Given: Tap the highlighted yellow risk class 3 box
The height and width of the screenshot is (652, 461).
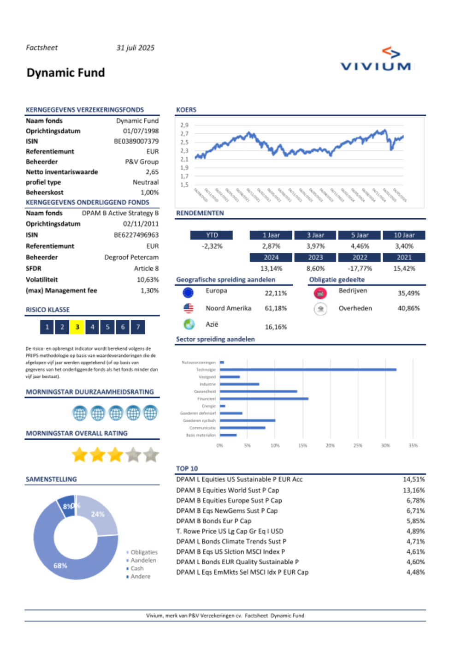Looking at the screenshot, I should pos(77,327).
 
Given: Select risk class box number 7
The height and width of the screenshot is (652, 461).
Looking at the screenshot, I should pos(138,327).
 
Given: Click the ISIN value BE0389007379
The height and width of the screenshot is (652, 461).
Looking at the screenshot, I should pos(136,141).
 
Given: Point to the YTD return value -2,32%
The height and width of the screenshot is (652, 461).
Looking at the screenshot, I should pos(212,246).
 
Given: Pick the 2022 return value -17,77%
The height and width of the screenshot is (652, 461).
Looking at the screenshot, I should pos(360,269).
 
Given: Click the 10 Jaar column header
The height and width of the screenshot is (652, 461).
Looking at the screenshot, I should pos(404,235).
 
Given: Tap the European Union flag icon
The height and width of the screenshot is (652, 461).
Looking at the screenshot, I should pos(188,293).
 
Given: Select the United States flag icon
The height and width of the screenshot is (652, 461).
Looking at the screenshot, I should pos(188,308).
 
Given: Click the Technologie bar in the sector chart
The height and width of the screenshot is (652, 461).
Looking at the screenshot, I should pos(308,370).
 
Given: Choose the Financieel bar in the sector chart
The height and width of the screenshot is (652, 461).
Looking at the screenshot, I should pos(264,399).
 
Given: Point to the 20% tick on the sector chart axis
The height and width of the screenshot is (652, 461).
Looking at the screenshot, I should pos(330,446).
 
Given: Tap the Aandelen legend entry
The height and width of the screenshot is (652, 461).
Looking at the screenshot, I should pos(143,561).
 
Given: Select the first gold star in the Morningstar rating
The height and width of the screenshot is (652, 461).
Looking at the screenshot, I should pos(80,455).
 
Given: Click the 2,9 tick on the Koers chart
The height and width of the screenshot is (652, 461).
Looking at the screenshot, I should pos(184,125).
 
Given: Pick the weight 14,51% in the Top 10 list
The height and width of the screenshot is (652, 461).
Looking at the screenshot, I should pos(414,479).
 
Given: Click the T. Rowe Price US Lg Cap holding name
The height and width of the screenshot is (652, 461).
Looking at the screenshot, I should pos(230,531).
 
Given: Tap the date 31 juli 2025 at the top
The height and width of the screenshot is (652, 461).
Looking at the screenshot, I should pos(135,48).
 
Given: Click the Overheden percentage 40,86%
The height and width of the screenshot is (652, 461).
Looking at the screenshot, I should pos(408,308).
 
